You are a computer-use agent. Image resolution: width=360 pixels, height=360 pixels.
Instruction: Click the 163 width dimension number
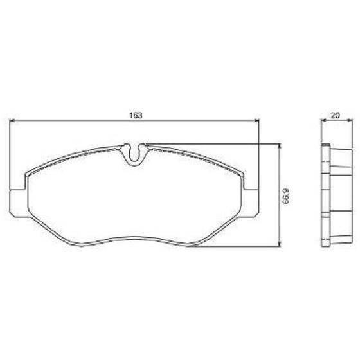[x=136, y=115]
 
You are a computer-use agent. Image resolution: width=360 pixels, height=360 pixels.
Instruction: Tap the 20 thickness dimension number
[x=336, y=115]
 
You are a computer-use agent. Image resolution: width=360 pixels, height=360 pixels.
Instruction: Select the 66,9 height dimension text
[x=285, y=196]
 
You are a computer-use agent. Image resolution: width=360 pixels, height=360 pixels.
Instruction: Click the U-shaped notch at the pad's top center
[x=134, y=154]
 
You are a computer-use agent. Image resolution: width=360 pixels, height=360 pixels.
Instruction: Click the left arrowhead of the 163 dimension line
[x=12, y=120]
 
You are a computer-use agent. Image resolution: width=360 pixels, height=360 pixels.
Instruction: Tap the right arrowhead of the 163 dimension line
[x=256, y=120]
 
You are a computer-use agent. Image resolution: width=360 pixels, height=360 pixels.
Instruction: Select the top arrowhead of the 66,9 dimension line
[x=279, y=147]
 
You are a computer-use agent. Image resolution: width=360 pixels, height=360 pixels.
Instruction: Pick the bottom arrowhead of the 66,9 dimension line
[x=279, y=244]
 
